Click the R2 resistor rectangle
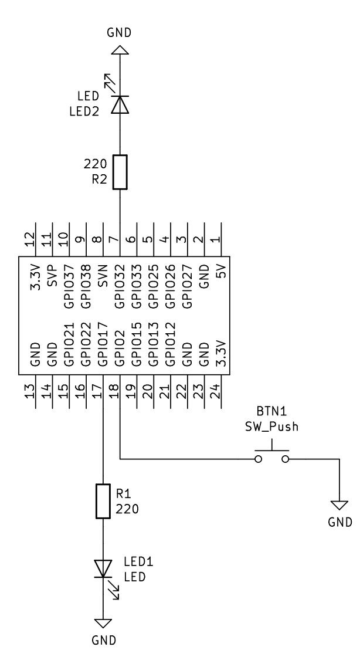(120, 172)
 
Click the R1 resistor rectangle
(103, 501)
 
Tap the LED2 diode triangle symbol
(120, 104)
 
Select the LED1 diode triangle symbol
(103, 568)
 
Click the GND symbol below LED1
(103, 624)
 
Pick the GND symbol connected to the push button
(339, 506)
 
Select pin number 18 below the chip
(114, 390)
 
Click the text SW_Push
(271, 426)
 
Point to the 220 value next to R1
(128, 509)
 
